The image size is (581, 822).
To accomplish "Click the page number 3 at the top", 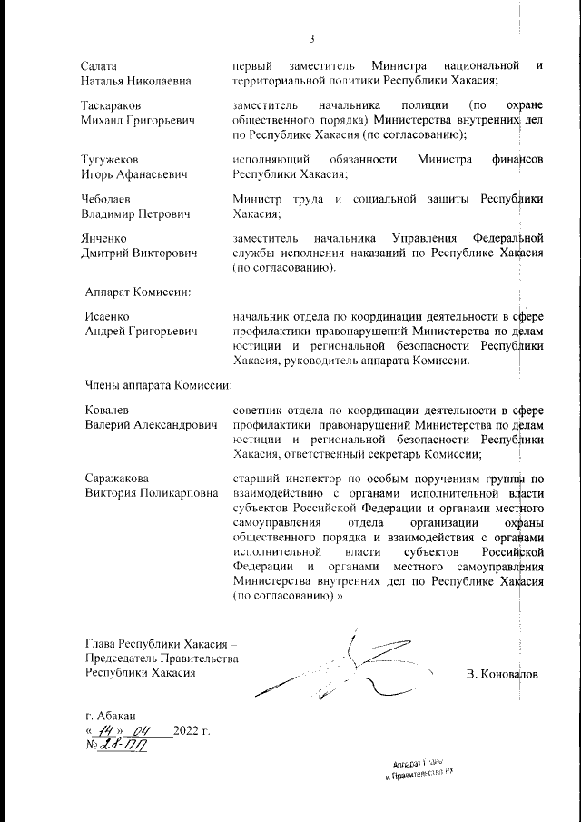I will click(x=310, y=38).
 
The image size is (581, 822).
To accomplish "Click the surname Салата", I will click(x=100, y=65).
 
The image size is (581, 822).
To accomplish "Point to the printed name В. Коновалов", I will click(x=501, y=675).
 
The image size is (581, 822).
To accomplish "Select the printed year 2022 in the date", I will click(x=184, y=730).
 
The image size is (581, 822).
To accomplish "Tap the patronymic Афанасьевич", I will click(x=161, y=175).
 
